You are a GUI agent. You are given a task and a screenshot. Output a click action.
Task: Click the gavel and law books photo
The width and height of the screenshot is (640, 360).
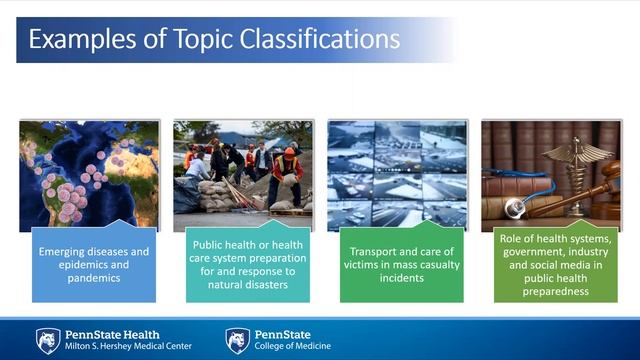pyautogui.click(x=551, y=172)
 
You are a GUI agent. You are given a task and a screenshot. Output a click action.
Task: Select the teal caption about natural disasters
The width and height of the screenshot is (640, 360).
pyautogui.click(x=248, y=264)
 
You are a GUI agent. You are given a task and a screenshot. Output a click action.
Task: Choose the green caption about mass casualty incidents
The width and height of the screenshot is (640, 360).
pyautogui.click(x=402, y=264)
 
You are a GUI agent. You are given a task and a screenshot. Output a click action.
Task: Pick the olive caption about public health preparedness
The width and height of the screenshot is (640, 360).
pyautogui.click(x=556, y=264)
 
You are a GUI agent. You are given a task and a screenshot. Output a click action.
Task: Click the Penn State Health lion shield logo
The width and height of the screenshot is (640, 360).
pyautogui.click(x=48, y=340)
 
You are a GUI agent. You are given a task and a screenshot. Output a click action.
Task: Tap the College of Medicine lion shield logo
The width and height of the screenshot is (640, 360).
pyautogui.click(x=238, y=340)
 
